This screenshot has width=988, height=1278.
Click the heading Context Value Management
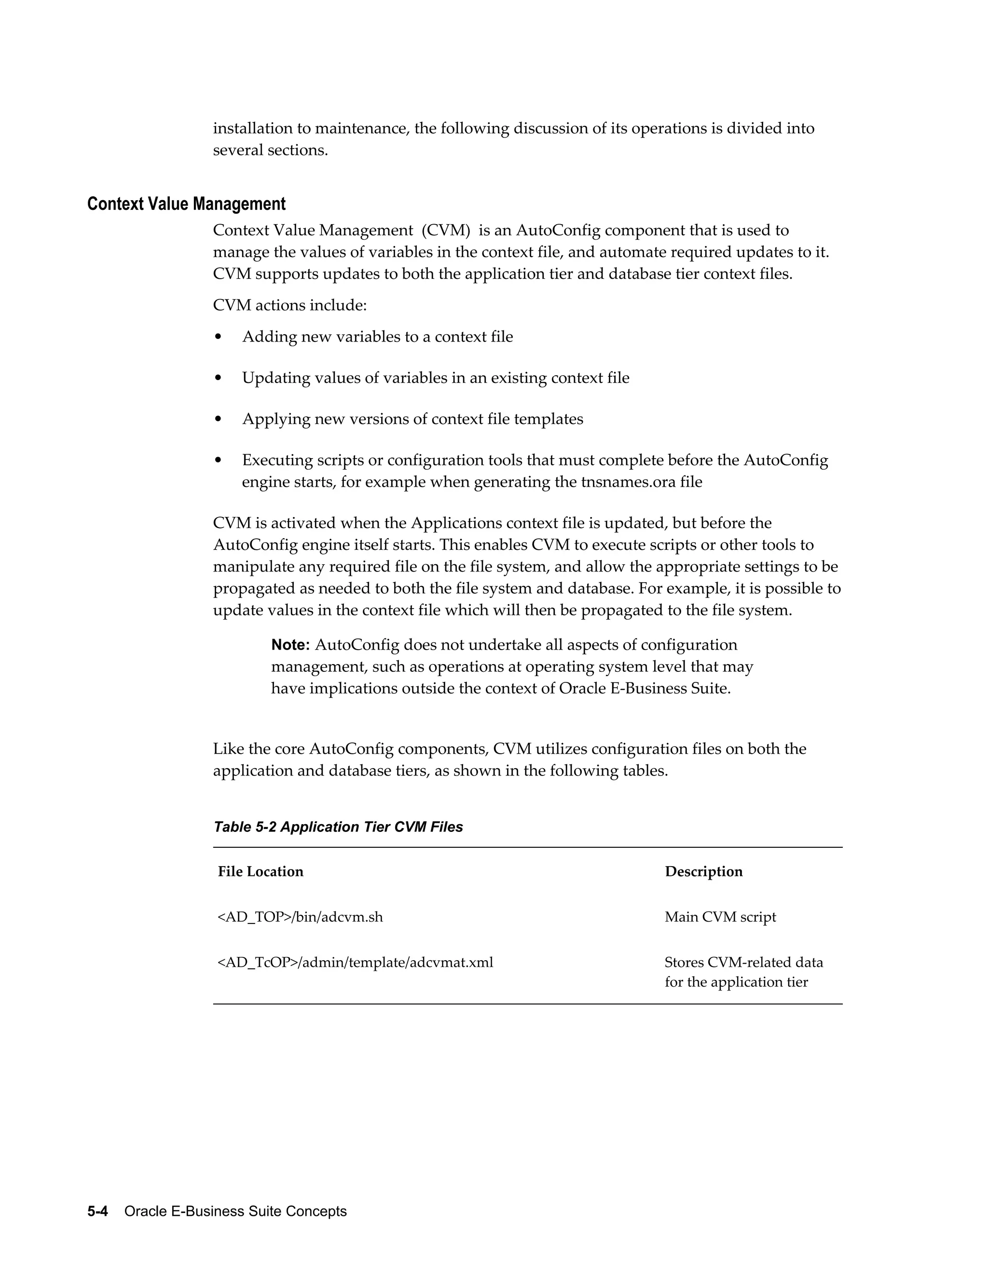click(186, 204)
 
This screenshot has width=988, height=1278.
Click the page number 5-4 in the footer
click(98, 1211)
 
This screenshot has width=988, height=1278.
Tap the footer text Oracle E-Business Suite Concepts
click(235, 1211)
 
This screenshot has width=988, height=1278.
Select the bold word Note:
click(290, 645)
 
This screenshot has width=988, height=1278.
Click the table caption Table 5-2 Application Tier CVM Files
click(338, 827)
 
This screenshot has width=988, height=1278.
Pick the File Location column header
click(261, 872)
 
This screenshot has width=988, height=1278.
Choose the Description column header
click(703, 872)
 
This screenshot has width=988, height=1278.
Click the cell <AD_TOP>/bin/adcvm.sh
click(300, 917)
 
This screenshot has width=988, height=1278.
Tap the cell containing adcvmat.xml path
click(355, 963)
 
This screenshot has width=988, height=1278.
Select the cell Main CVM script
click(720, 917)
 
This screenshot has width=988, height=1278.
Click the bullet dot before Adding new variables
click(219, 337)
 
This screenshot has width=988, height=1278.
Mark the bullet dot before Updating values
click(219, 378)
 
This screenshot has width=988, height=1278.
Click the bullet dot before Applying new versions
click(219, 420)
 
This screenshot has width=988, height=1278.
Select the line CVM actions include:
click(290, 305)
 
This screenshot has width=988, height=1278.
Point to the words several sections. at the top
click(271, 150)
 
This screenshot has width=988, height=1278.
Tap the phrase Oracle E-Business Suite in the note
click(644, 689)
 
